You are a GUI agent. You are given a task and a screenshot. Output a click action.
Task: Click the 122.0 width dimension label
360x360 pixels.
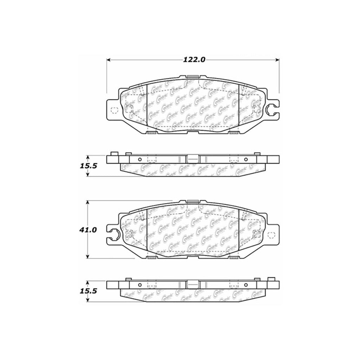[x=194, y=60]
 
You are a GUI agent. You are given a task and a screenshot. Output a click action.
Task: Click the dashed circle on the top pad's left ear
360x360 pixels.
[x=114, y=110]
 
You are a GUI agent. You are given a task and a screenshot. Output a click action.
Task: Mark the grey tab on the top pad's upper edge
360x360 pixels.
[x=193, y=76]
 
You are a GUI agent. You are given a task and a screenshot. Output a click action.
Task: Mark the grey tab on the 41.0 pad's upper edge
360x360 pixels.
[x=193, y=200]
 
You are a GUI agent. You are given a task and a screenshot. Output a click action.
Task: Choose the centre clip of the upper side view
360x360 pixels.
[x=193, y=159]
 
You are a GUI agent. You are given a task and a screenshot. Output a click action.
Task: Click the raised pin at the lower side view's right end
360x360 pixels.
[x=271, y=279]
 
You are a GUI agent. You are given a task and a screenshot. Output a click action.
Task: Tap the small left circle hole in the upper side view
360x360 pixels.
[x=140, y=159]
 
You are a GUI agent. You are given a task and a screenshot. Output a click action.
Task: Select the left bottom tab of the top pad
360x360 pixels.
[x=152, y=133]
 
